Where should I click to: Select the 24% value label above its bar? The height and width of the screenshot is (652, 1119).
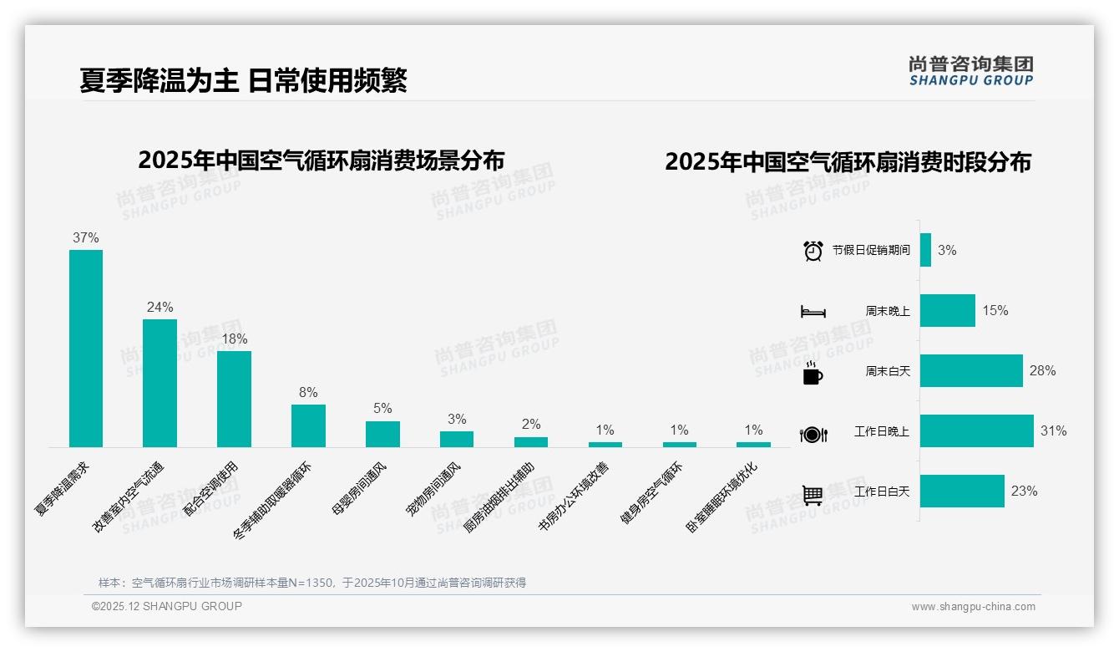click(x=159, y=307)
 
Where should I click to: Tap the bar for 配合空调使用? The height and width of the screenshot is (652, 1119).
click(x=234, y=399)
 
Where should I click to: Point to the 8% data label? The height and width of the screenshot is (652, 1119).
click(x=308, y=392)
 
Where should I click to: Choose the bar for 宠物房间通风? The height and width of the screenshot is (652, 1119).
click(x=457, y=439)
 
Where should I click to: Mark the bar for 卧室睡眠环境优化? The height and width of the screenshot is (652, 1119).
click(x=753, y=445)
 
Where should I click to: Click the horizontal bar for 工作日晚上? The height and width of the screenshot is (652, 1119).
click(x=976, y=431)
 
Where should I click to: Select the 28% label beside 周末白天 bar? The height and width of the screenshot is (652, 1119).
click(x=1042, y=370)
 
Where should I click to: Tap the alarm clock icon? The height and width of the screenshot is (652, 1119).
click(x=813, y=251)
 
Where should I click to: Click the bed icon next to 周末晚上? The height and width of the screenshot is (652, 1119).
click(x=813, y=312)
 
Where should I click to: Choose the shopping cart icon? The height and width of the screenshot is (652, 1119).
click(x=813, y=495)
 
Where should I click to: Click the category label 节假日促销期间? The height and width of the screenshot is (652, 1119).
click(x=871, y=250)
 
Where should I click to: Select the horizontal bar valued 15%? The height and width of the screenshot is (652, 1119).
click(x=947, y=310)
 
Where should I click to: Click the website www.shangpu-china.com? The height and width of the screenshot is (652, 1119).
click(x=973, y=607)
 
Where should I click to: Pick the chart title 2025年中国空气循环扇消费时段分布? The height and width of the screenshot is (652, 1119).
click(x=848, y=161)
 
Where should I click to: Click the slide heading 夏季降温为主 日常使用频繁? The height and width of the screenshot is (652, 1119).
click(x=243, y=80)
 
